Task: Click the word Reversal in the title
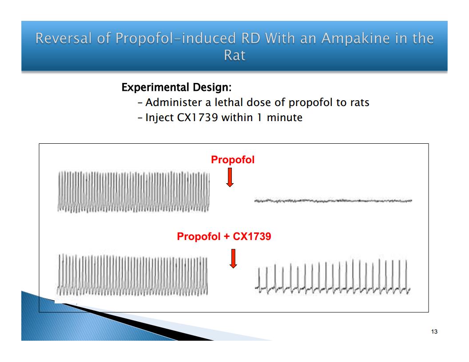[63, 39]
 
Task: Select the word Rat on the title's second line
[235, 55]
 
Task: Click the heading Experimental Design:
[176, 87]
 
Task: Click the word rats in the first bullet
[359, 103]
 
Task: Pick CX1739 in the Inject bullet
[197, 118]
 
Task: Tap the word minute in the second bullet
[284, 118]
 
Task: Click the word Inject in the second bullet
[159, 118]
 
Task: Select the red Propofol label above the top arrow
[233, 160]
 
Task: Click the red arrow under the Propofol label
[230, 177]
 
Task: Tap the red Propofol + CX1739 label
[224, 236]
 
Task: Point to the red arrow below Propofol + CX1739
[233, 259]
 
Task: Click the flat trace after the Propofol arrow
[333, 201]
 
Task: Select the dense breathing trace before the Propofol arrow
[134, 192]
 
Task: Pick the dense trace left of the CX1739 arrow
[132, 275]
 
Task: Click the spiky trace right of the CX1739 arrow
[333, 276]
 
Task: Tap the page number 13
[434, 331]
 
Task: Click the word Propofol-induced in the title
[176, 39]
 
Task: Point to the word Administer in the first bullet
[174, 102]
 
